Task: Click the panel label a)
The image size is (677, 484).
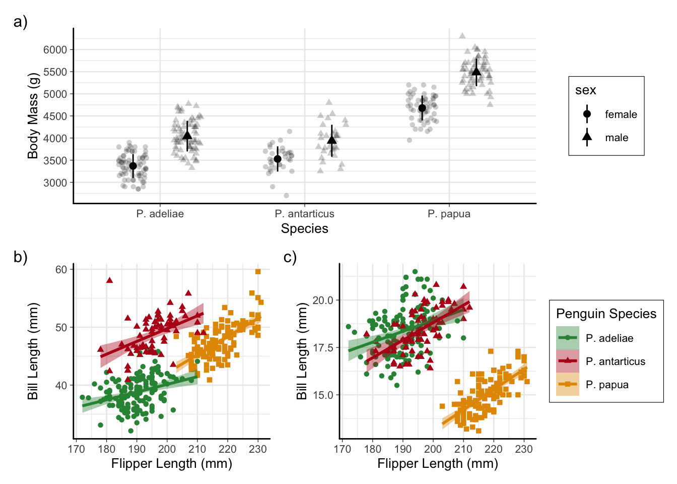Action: click(x=21, y=22)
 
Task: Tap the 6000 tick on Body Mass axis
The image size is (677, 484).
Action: click(x=55, y=49)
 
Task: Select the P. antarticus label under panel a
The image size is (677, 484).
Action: click(x=304, y=214)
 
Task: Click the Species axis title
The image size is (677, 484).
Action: click(x=304, y=229)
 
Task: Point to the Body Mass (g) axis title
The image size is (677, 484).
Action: click(x=33, y=116)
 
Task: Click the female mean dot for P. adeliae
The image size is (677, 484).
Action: click(x=133, y=166)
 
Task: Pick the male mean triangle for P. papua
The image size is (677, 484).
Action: click(x=476, y=72)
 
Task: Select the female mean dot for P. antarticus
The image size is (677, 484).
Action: click(x=278, y=159)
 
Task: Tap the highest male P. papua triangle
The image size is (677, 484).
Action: click(x=462, y=36)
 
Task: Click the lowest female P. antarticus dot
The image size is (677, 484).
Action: click(x=286, y=196)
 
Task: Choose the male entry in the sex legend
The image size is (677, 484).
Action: click(x=616, y=138)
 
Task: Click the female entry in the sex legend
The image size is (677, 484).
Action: click(x=620, y=114)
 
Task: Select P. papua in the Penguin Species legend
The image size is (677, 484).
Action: click(x=606, y=385)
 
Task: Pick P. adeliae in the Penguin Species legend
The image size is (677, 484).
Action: click(x=609, y=338)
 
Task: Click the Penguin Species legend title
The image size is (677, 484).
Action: click(x=606, y=314)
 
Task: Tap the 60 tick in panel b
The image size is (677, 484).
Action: click(x=61, y=270)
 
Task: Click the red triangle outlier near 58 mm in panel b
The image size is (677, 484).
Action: click(x=109, y=280)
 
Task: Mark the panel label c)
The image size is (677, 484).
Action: click(x=290, y=258)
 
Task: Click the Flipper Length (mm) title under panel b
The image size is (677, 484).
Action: click(x=171, y=463)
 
